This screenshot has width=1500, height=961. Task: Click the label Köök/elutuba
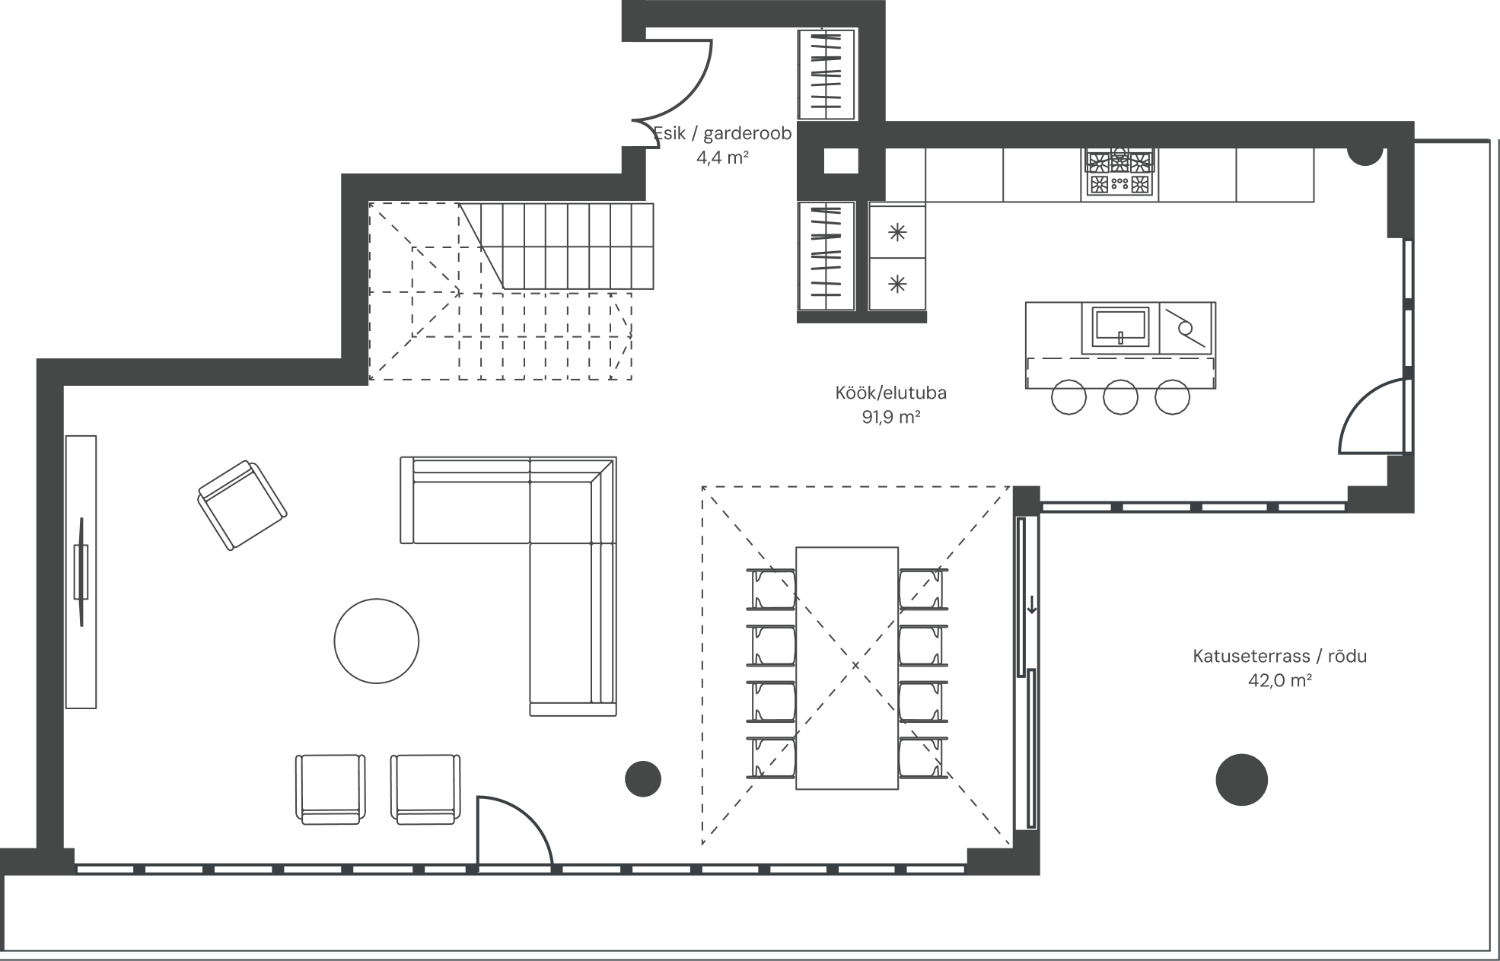(890, 393)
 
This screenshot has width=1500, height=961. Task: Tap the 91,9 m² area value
(891, 417)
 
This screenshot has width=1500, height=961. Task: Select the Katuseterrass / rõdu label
(1279, 656)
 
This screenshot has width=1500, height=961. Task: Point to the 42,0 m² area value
(1279, 680)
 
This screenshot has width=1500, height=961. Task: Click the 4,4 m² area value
(723, 158)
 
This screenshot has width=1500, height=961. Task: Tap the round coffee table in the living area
(376, 641)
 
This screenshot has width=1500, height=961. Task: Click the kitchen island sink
(1120, 327)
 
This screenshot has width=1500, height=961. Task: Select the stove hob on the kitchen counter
(1119, 173)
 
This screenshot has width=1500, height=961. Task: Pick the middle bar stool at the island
(1120, 397)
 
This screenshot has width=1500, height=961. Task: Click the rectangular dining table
(847, 668)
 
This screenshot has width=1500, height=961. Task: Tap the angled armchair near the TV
(242, 504)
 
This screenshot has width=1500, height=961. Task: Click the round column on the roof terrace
(1241, 779)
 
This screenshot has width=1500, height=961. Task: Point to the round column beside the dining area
(643, 778)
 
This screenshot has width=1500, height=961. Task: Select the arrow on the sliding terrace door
(1032, 605)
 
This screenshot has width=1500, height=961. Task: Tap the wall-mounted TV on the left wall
(81, 571)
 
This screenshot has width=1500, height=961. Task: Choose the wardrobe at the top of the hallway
(826, 75)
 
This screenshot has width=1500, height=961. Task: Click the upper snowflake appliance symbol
(898, 232)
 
